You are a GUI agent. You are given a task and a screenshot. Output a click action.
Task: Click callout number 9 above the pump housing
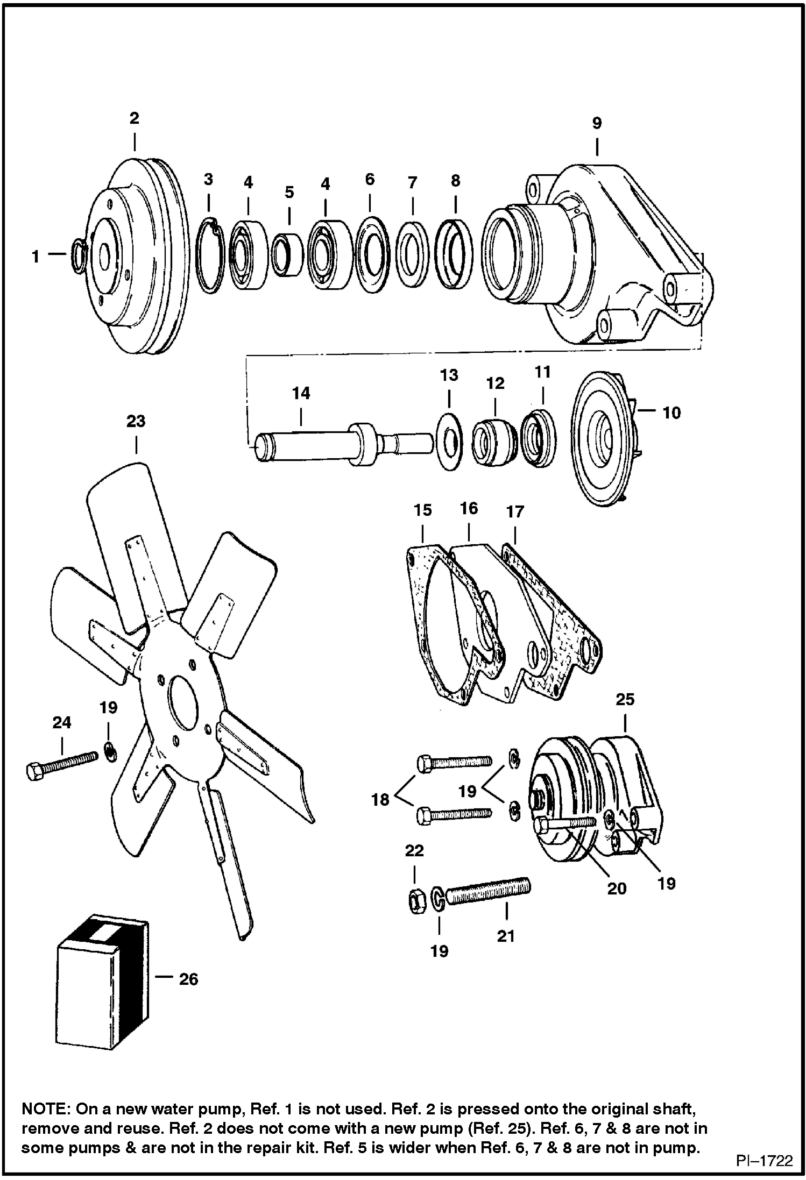pos(597,123)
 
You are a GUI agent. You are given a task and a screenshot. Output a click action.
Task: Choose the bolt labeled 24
pos(62,764)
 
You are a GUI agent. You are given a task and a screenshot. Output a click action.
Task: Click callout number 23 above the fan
pos(136,421)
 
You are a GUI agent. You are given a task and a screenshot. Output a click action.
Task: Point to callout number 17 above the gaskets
pos(515,511)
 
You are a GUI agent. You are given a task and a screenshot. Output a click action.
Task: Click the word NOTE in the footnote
pos(45,1108)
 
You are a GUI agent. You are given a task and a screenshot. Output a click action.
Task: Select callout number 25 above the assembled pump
pos(625,699)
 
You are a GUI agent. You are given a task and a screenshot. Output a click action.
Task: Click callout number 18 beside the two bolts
pos(380,800)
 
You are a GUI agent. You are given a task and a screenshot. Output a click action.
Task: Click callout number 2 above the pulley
pos(135,118)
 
